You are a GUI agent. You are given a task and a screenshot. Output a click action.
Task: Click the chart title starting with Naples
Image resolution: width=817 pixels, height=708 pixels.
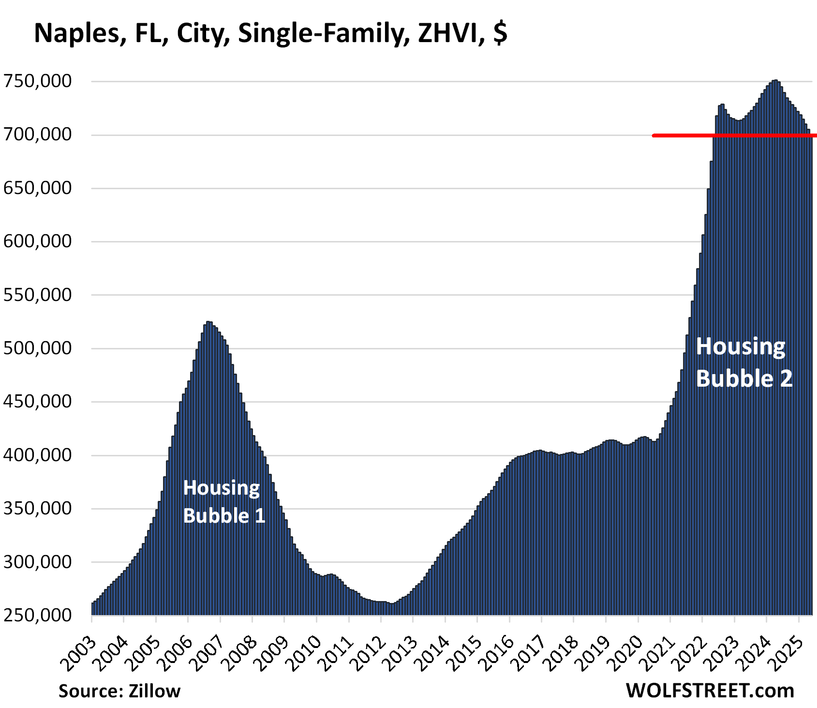[270, 33]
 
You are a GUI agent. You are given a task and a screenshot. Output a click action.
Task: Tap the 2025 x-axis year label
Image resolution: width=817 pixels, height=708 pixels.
[788, 651]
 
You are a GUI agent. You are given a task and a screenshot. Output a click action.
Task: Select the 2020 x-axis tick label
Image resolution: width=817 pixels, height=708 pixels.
[627, 651]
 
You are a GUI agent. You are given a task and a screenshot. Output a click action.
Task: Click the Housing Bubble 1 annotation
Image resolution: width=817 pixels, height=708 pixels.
[224, 502]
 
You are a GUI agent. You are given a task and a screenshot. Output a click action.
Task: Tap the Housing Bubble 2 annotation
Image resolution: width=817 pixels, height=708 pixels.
[743, 362]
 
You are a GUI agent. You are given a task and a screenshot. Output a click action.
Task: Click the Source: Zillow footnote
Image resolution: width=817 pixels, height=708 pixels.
[119, 691]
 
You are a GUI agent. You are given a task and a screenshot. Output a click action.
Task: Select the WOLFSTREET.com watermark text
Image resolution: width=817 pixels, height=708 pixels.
[710, 691]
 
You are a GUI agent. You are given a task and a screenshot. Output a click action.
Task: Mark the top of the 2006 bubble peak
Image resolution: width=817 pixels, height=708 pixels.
[208, 322]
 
